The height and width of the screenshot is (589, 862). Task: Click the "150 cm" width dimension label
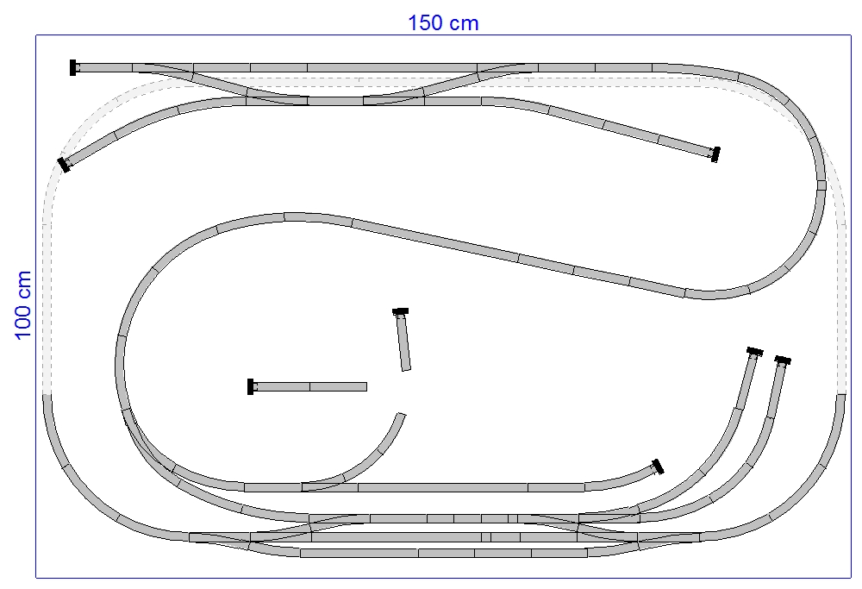tap(443, 23)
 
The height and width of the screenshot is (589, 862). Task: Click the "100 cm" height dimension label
tap(23, 305)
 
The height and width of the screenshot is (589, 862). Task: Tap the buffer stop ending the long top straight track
tap(72, 67)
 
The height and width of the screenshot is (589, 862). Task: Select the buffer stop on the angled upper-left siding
tap(64, 165)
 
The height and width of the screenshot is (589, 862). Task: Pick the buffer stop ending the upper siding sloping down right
tap(715, 154)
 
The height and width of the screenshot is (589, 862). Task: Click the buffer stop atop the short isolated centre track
tap(400, 311)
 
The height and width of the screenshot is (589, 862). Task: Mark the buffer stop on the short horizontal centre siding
tap(251, 386)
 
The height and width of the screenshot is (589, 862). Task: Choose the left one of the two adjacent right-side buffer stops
tap(755, 352)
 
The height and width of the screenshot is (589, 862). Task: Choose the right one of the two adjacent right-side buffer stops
tap(783, 360)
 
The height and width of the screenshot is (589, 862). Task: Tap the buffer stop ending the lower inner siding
tap(658, 467)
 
